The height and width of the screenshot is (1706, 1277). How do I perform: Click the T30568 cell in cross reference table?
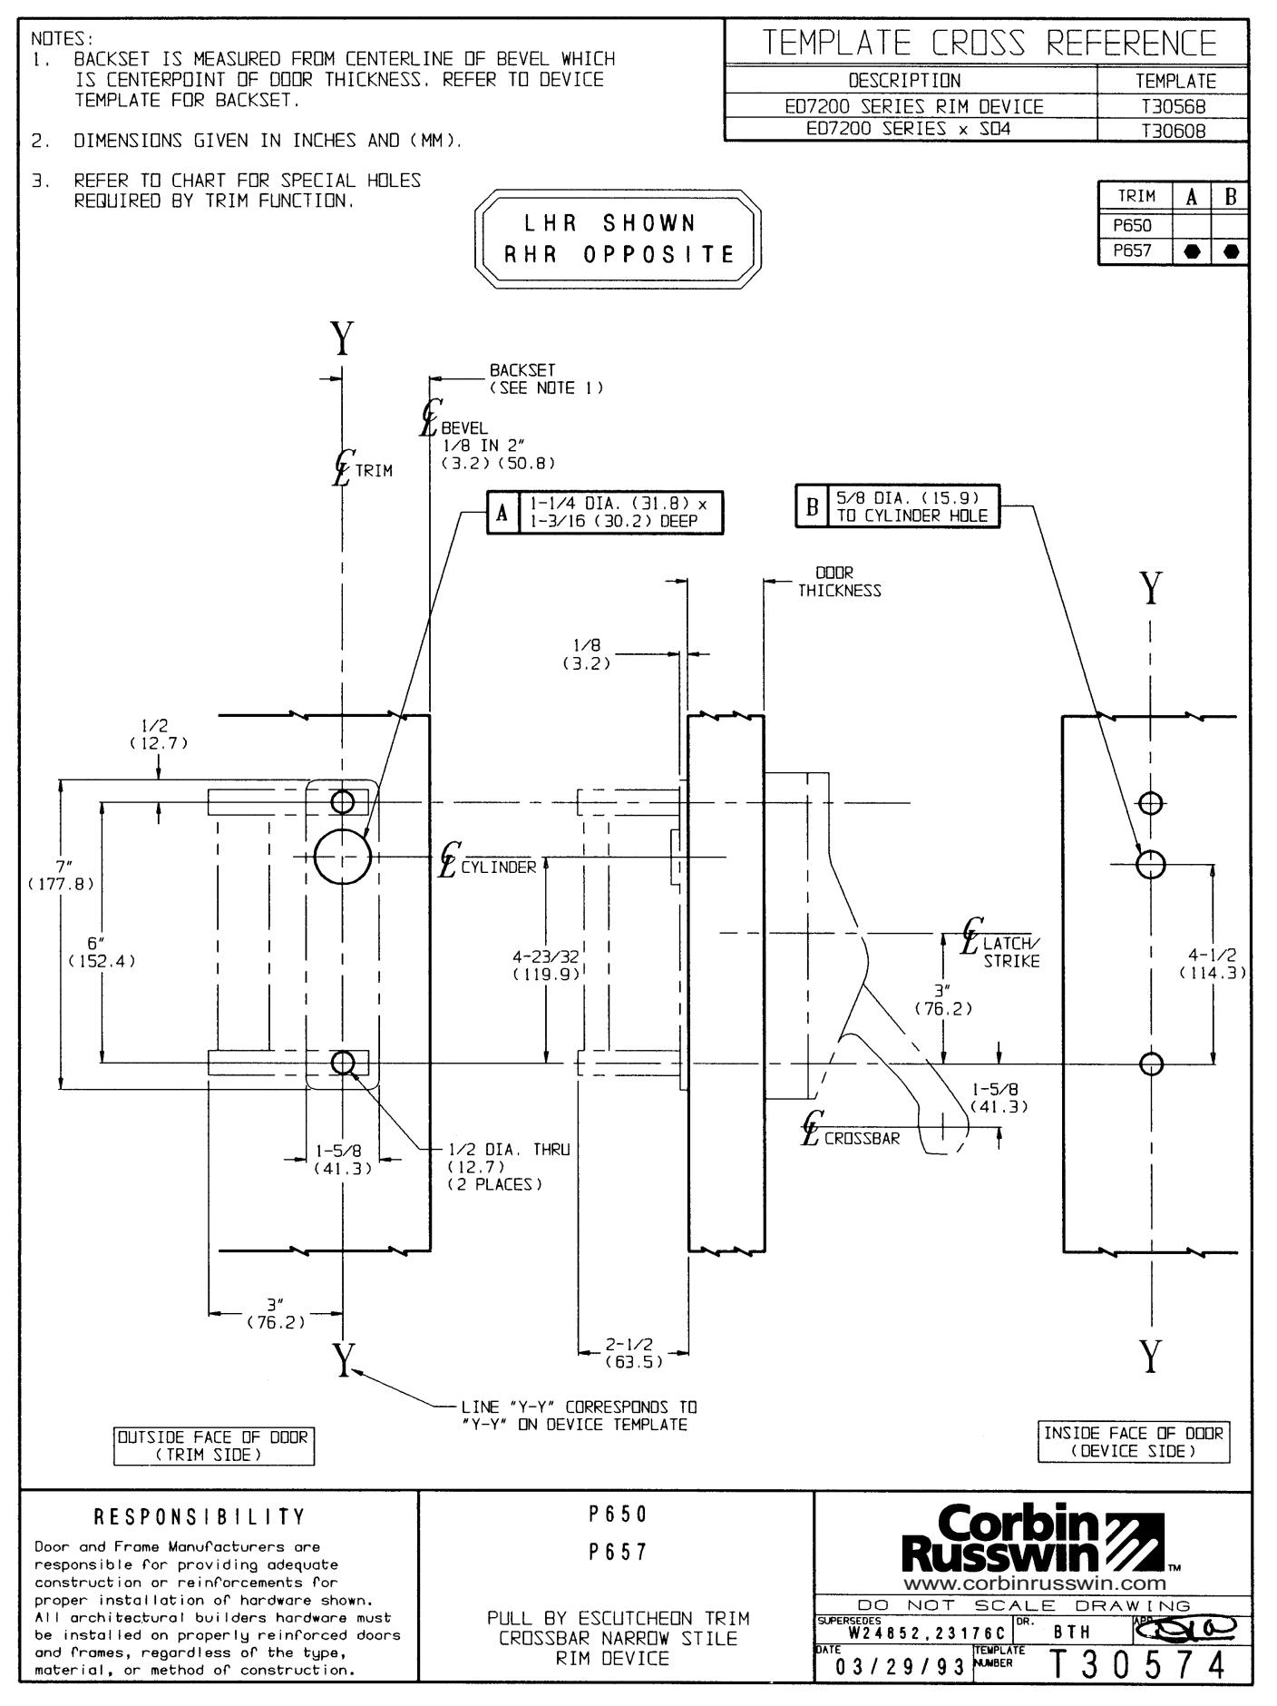click(1173, 107)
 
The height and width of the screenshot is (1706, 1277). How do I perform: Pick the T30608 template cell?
click(1173, 130)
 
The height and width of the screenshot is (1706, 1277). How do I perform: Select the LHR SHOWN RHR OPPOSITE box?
click(618, 239)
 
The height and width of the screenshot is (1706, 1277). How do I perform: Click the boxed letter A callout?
click(502, 514)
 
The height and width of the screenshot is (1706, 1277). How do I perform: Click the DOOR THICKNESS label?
click(839, 582)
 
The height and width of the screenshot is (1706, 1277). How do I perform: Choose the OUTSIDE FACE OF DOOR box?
click(214, 1446)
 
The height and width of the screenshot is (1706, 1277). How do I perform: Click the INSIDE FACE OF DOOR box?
click(1134, 1442)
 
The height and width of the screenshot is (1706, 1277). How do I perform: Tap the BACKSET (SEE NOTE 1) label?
click(546, 378)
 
